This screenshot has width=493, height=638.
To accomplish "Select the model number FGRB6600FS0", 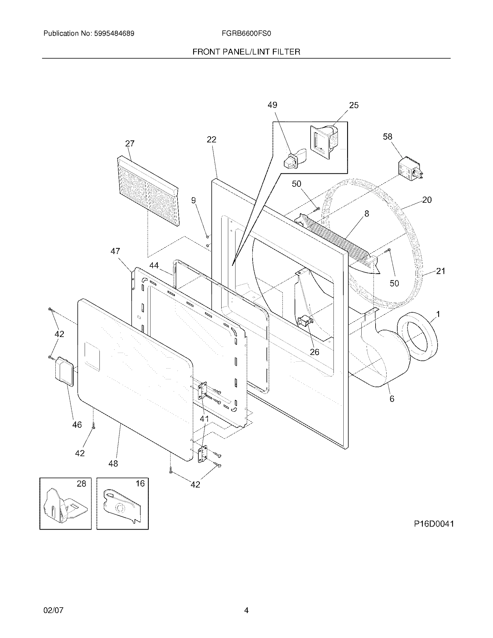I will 246,34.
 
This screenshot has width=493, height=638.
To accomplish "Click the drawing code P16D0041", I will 434,524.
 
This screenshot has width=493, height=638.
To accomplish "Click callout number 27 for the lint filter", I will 130,144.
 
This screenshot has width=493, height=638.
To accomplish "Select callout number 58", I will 387,136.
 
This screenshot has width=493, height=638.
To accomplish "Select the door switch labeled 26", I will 305,321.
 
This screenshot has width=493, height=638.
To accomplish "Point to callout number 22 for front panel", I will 211,140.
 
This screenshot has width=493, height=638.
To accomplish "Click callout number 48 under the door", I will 113,463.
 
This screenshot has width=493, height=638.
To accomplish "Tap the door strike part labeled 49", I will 293,159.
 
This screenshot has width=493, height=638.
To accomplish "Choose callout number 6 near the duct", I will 392,399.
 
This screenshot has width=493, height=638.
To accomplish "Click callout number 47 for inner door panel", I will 115,251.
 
